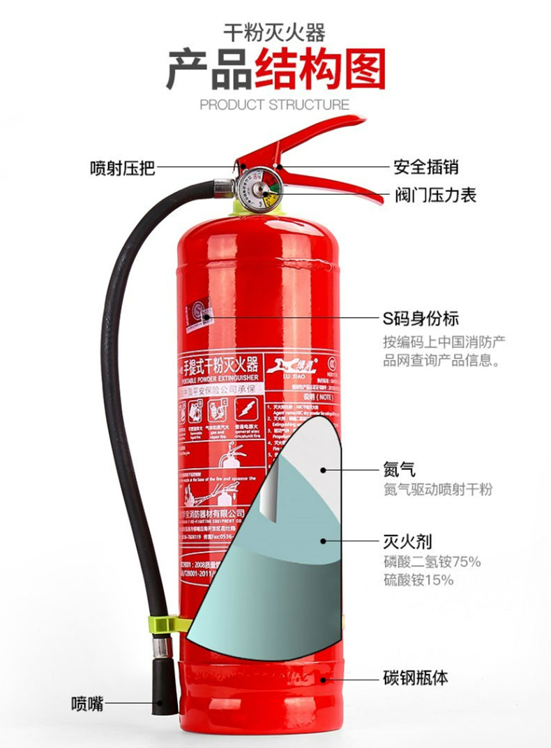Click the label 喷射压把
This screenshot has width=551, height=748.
point(122,168)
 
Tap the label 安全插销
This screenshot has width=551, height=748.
point(426,168)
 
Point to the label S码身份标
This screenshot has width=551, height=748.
point(421,318)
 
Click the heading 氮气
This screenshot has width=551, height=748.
point(399,469)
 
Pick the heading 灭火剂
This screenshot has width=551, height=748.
point(407,541)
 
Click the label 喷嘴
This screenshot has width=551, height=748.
point(87,703)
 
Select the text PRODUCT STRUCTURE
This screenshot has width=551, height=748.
point(274,105)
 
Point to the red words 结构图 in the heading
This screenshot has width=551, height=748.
point(319,70)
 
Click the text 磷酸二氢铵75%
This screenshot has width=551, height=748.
point(432,562)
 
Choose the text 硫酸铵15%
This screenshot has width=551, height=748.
point(418,580)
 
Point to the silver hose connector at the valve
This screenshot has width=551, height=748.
point(223,186)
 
